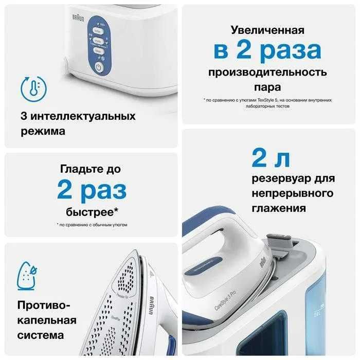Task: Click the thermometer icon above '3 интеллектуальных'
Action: pyautogui.click(x=31, y=88)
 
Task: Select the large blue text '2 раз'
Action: pyautogui.click(x=92, y=190)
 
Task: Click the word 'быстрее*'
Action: pyautogui.click(x=92, y=212)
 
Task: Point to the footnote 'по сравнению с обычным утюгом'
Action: pyautogui.click(x=93, y=225)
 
